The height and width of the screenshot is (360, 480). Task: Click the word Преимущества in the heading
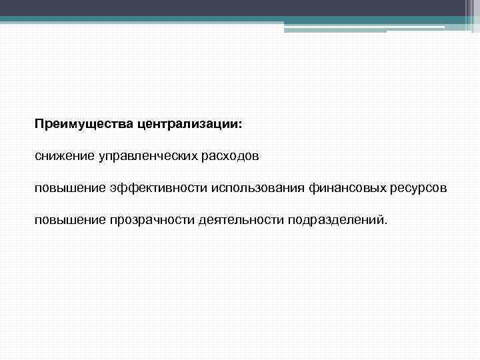click(75, 125)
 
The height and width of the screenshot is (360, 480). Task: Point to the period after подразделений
click(384, 223)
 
